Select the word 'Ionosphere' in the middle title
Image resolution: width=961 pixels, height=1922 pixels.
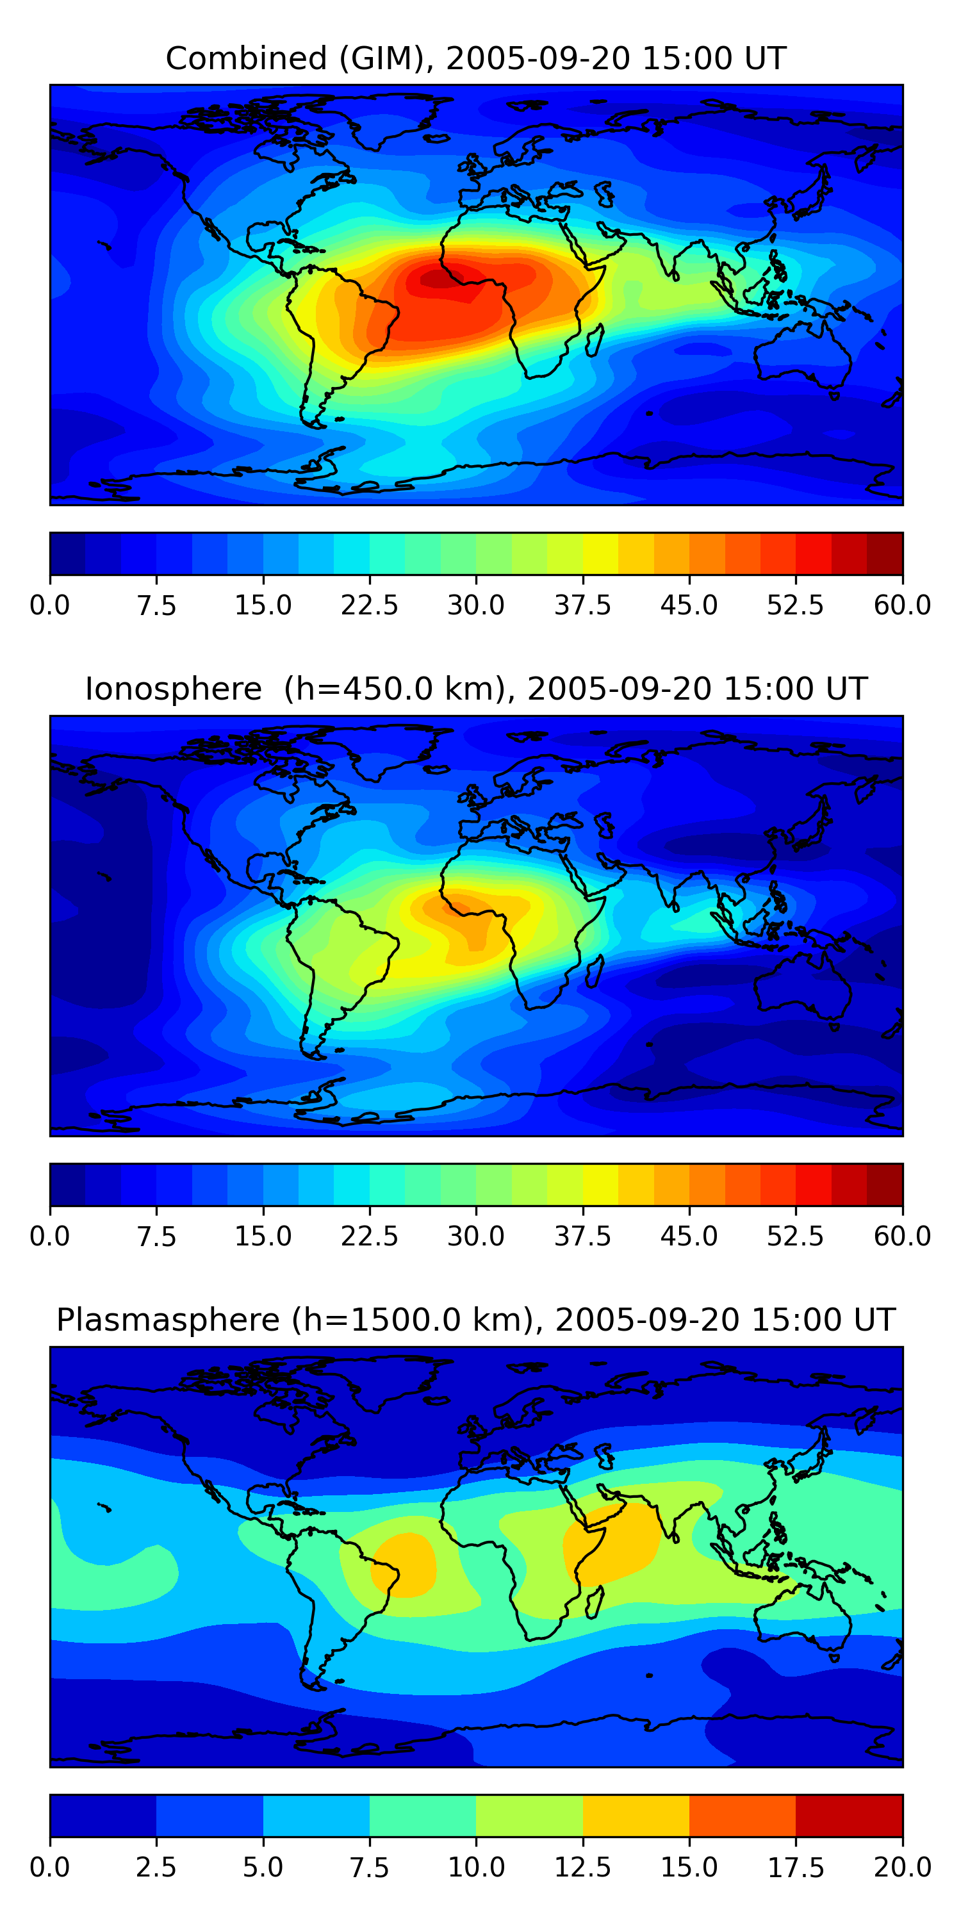coord(173,689)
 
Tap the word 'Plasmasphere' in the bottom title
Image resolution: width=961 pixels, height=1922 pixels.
coord(168,1320)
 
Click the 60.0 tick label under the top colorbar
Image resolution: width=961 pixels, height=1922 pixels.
coord(902,605)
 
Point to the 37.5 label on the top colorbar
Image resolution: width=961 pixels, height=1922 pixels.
coord(582,605)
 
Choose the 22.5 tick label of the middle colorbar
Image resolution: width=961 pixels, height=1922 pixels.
coord(369,1236)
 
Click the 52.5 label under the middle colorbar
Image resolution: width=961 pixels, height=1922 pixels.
coord(795,1236)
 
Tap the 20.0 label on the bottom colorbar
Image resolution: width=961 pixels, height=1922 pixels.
coord(902,1868)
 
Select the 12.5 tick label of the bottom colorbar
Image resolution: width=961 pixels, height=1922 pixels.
coord(582,1868)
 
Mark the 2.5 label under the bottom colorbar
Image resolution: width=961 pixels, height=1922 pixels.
coord(156,1868)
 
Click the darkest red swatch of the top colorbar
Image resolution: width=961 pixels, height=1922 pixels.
coord(885,554)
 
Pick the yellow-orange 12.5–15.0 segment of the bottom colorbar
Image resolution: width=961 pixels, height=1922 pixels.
coord(636,1815)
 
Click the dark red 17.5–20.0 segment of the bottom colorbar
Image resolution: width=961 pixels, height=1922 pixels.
coord(849,1815)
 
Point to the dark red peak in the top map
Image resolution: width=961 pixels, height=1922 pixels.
coord(436,279)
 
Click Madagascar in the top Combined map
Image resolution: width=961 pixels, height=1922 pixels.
coord(595,340)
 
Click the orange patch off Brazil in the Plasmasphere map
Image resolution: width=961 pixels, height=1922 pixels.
coord(404,1563)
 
